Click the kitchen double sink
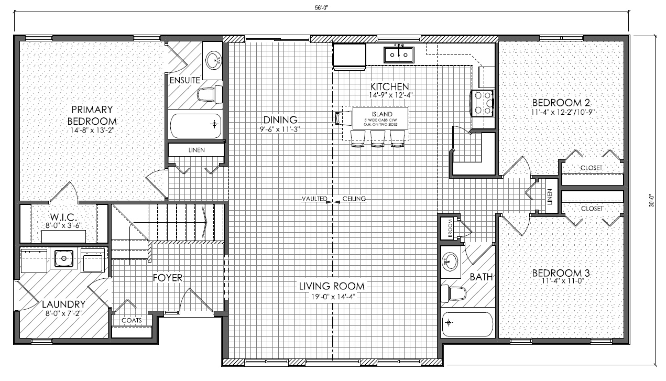[x=399, y=55]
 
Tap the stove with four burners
[x=482, y=103]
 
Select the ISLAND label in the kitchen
[x=382, y=114]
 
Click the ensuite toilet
[x=210, y=94]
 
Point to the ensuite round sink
[x=214, y=60]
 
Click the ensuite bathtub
[x=195, y=126]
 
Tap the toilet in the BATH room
[x=453, y=293]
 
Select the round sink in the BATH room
[x=450, y=262]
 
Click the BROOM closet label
[x=450, y=228]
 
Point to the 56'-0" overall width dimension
[x=321, y=8]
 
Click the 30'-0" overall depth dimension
[x=652, y=201]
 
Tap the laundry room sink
[x=63, y=258]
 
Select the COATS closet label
[x=132, y=320]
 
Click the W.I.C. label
[x=63, y=217]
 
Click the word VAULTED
[x=314, y=199]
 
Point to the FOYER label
[x=168, y=278]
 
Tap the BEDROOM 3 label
[x=561, y=273]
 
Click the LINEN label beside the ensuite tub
[x=196, y=150]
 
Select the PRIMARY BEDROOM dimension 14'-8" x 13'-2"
[x=92, y=130]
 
